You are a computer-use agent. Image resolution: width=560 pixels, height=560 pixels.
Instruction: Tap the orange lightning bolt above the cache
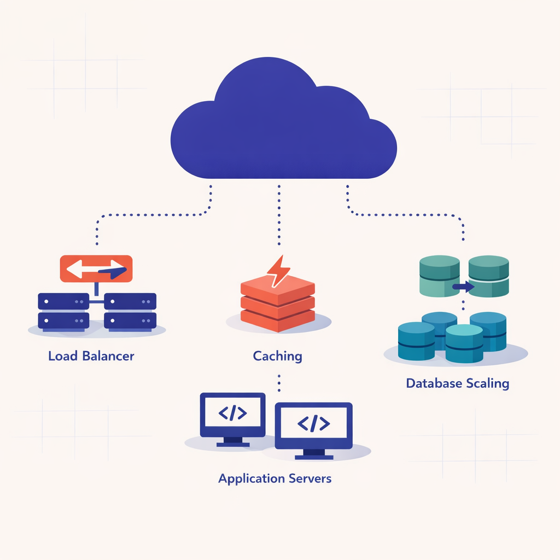point(278,271)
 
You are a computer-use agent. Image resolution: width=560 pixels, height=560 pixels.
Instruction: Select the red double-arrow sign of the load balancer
point(96,269)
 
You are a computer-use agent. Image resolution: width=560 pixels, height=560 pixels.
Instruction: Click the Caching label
point(277,356)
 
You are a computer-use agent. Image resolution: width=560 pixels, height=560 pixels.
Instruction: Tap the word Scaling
point(487,383)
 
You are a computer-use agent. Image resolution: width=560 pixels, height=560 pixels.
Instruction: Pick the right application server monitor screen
point(313,423)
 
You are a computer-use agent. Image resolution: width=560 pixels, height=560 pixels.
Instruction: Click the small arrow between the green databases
point(464,285)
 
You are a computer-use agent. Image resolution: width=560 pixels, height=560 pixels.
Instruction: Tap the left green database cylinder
point(439,276)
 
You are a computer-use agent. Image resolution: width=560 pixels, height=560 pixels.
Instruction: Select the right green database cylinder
point(489,276)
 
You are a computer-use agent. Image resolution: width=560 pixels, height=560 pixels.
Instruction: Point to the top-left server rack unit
point(63,301)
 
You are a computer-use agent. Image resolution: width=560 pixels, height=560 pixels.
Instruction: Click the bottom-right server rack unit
point(130,320)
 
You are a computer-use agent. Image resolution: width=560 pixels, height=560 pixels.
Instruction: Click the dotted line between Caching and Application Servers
point(279,383)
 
